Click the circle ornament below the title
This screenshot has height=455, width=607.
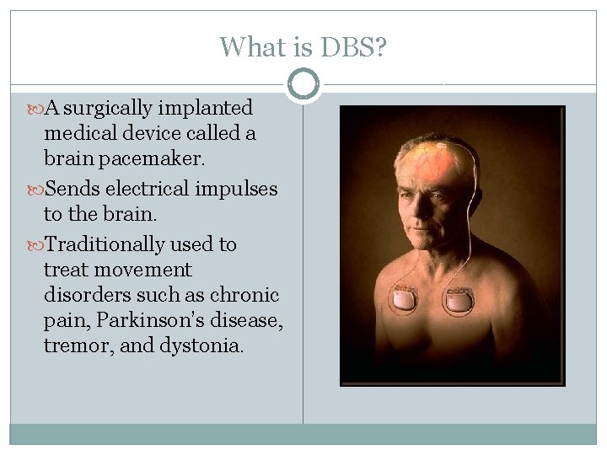coord(303,83)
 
